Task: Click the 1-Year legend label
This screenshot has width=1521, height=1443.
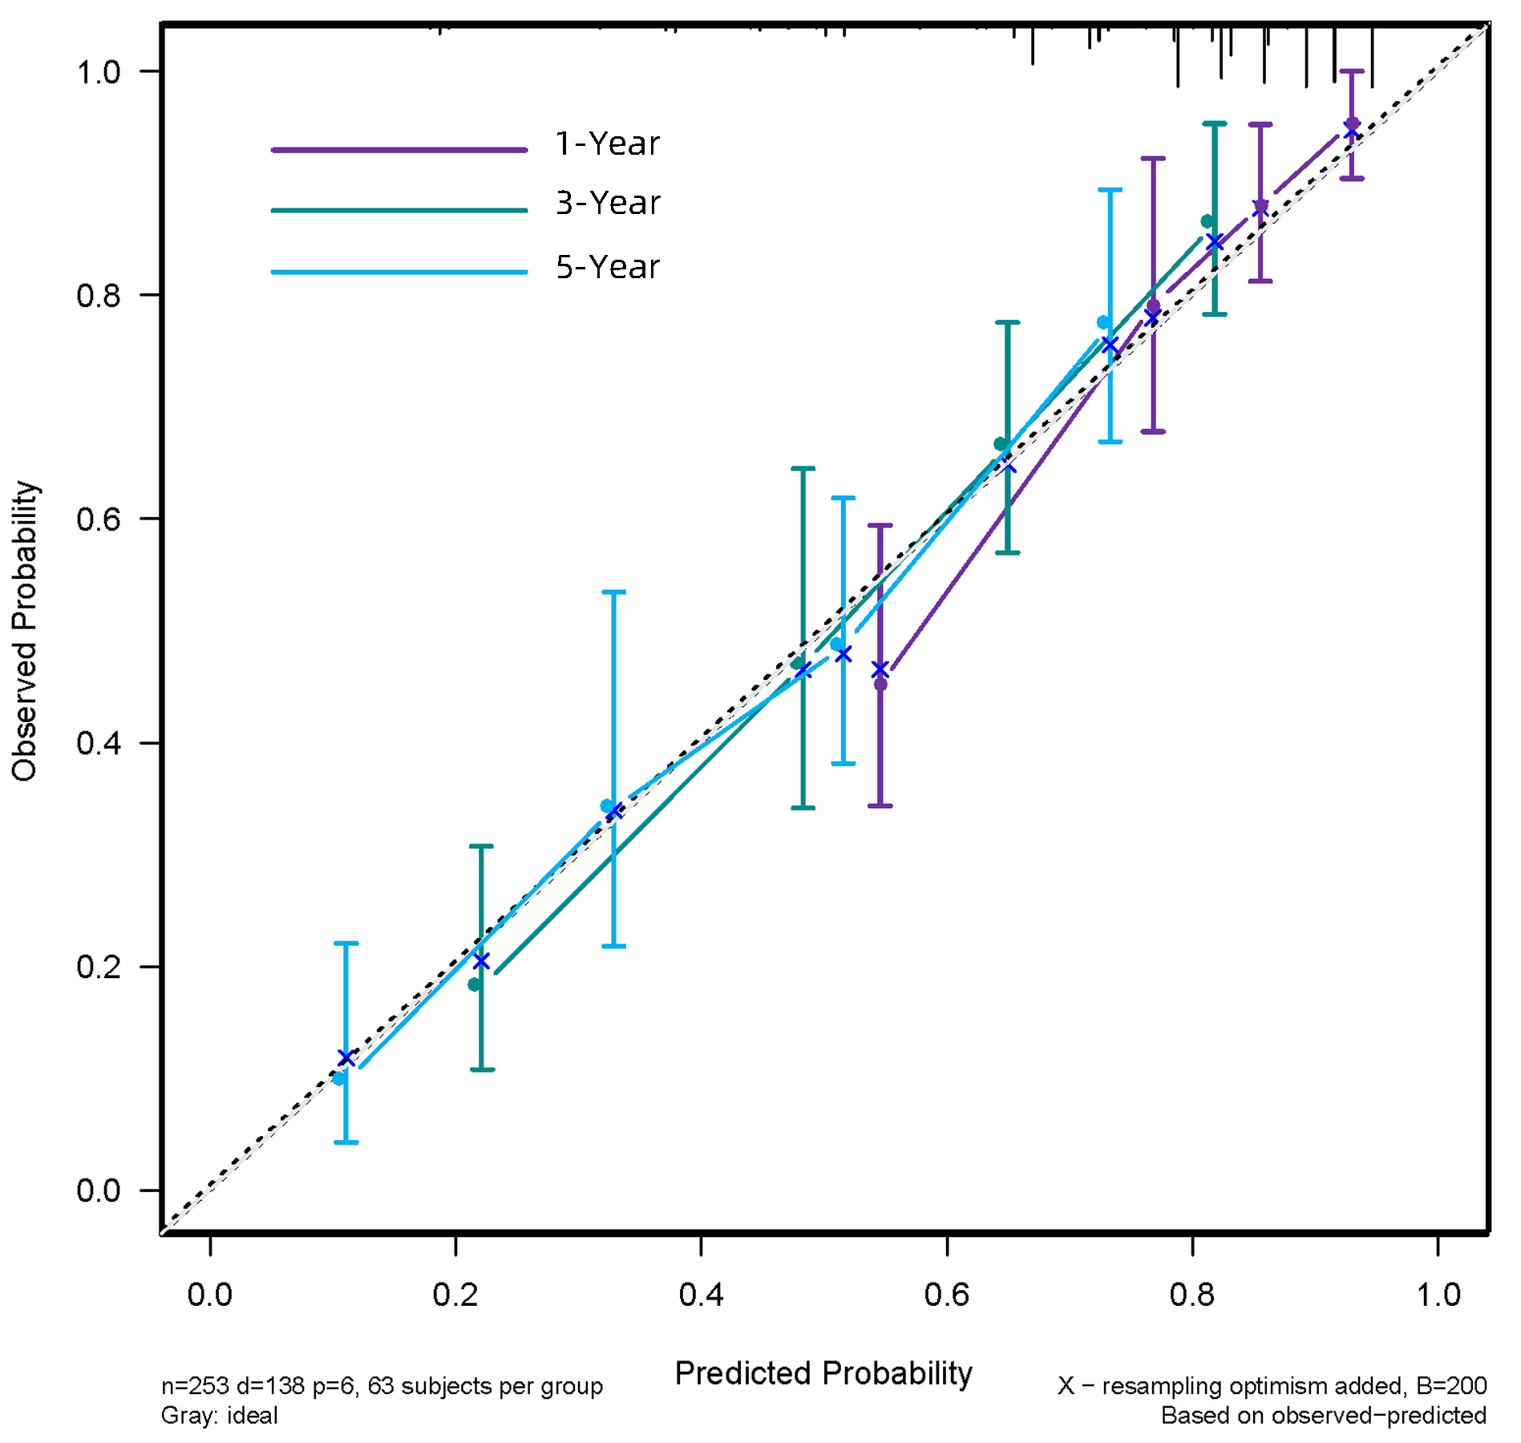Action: tap(607, 143)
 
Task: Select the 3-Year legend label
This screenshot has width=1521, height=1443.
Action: tap(607, 204)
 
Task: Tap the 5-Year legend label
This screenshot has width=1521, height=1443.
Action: tap(607, 267)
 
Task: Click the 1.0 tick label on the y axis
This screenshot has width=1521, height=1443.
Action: tap(98, 72)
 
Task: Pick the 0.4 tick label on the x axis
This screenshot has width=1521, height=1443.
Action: tap(701, 1295)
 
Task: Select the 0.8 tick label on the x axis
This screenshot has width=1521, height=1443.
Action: tap(1192, 1295)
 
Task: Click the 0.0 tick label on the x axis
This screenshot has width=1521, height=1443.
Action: tap(209, 1295)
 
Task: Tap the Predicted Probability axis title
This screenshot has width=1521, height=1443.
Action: tap(823, 1373)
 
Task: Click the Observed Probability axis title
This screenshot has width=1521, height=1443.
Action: tap(25, 631)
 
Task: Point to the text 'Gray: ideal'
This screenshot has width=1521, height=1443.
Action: tap(219, 1416)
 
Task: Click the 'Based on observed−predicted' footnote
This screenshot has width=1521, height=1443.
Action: tap(1324, 1416)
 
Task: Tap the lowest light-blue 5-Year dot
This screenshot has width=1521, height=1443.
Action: tap(339, 1079)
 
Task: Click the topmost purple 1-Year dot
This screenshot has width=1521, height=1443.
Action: tap(1352, 123)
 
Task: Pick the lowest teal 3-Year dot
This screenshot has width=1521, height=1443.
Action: tap(475, 984)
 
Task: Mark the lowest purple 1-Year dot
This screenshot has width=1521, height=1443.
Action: tap(880, 684)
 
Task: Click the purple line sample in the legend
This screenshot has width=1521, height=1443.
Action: tap(398, 150)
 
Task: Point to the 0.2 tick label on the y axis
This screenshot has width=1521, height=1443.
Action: tap(98, 967)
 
